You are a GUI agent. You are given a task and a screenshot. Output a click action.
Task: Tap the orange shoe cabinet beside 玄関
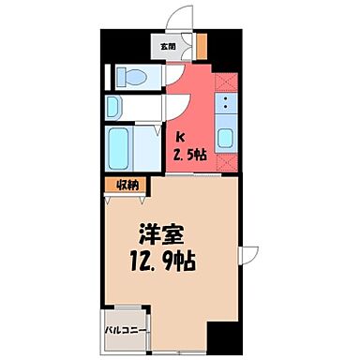point(202,44)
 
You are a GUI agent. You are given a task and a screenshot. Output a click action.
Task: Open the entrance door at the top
point(172,21)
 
